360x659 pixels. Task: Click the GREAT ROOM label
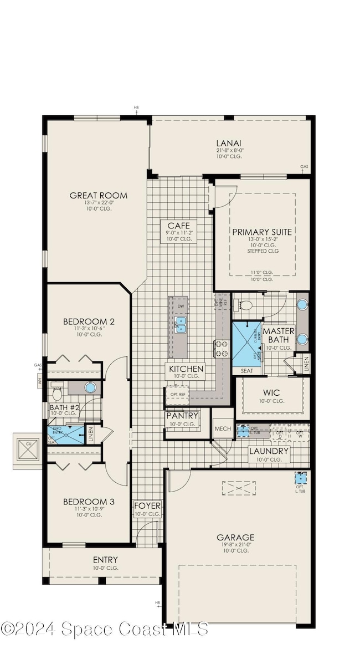98,195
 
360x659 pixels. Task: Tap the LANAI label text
230,142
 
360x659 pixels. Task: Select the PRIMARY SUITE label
262,232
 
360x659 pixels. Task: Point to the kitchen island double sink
181,324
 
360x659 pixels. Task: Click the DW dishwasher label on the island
181,306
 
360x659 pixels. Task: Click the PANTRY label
182,416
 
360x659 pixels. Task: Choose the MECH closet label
223,428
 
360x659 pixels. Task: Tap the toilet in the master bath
244,305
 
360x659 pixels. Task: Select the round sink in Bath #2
90,387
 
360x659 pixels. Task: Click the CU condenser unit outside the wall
27,449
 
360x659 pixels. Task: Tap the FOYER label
147,506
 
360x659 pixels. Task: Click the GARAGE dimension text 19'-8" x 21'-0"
235,544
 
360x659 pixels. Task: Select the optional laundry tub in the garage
301,478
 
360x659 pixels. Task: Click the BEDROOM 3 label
89,502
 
